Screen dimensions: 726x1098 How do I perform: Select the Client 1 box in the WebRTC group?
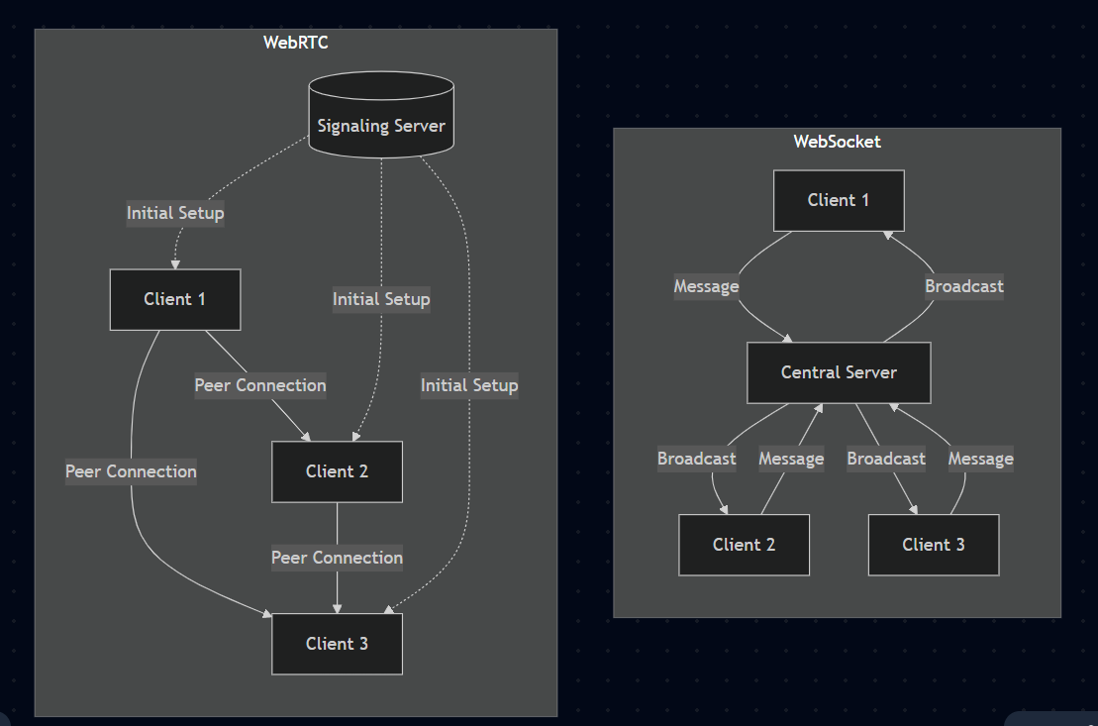[174, 299]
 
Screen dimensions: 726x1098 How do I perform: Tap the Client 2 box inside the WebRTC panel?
[337, 471]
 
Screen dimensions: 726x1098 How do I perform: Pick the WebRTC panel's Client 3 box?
[337, 644]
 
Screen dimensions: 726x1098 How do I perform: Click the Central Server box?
[839, 372]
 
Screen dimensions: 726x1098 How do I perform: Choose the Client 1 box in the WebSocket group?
[839, 200]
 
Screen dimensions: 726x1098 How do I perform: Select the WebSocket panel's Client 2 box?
[744, 545]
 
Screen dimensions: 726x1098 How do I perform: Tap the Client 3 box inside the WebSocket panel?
[933, 545]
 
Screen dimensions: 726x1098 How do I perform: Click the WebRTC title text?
[295, 43]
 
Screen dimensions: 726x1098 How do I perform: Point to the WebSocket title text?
[837, 142]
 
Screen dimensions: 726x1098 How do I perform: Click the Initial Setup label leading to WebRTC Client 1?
[175, 213]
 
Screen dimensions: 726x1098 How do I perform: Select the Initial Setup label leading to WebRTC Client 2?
[381, 299]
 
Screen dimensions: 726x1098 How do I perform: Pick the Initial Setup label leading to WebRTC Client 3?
[469, 385]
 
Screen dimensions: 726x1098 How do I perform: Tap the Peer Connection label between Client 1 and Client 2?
[260, 385]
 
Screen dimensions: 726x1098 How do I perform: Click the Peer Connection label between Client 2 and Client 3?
[337, 558]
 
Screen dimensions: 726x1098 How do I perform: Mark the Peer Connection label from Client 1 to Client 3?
[131, 471]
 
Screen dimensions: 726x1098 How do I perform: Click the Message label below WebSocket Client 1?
[706, 286]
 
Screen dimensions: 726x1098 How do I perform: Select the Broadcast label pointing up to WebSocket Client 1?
[963, 286]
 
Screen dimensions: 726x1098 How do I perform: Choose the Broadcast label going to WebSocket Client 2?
[696, 459]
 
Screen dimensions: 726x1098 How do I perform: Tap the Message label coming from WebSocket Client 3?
[980, 459]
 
